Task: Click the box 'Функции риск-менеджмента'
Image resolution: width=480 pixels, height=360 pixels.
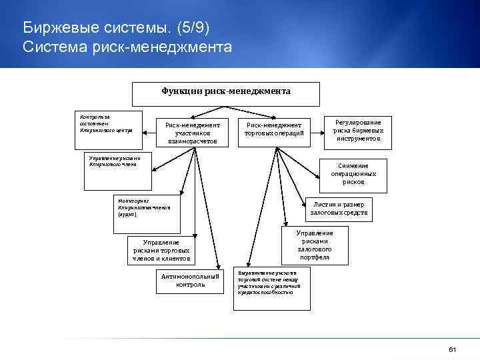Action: tap(225, 94)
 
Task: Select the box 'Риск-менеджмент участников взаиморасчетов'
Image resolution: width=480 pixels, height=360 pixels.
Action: tap(192, 133)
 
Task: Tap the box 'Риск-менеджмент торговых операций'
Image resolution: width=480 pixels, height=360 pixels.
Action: tap(274, 129)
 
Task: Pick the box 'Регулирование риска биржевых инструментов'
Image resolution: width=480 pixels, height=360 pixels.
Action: tap(358, 131)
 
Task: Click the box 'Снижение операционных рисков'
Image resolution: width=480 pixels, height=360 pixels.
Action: tap(353, 173)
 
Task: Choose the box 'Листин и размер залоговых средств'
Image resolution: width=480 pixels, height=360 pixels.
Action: tap(338, 209)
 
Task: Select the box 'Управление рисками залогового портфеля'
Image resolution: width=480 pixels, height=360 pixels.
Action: tap(314, 245)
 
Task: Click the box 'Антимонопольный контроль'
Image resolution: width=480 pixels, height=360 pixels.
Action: tap(190, 281)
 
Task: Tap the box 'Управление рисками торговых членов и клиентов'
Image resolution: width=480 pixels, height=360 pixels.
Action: tap(161, 249)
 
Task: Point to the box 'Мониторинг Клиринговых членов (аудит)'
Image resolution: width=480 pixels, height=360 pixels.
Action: tap(145, 207)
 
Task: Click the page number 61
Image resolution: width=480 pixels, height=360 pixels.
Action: tap(452, 350)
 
